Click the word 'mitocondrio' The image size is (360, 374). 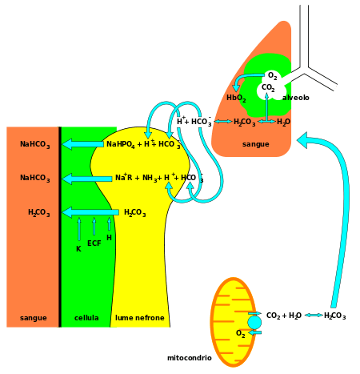(190, 358)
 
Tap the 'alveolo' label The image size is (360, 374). (296, 98)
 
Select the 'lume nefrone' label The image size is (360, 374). (140, 318)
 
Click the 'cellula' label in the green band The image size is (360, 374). (86, 318)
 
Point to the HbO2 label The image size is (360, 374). (236, 99)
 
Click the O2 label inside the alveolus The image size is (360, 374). (272, 76)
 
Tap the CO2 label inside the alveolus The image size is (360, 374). (268, 88)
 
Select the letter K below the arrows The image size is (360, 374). (78, 249)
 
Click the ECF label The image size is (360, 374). (94, 243)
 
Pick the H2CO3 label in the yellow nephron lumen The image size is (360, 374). (135, 213)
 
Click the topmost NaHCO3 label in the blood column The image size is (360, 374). (35, 144)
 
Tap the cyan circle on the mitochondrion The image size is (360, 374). (254, 323)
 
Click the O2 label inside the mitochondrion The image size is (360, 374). (241, 334)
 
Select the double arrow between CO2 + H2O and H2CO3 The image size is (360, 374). (314, 316)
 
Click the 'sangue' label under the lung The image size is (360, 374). (256, 144)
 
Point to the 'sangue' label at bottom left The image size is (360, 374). (34, 318)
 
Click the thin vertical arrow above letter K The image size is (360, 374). (79, 229)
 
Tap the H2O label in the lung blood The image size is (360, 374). (283, 122)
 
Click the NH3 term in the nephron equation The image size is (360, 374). (150, 178)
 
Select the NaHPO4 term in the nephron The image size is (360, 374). (121, 144)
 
